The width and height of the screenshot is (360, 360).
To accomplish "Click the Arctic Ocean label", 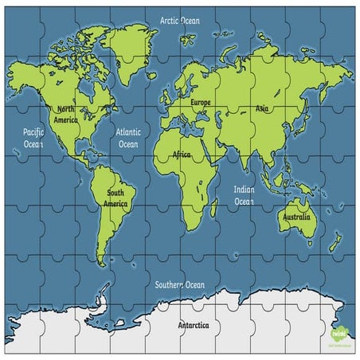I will coord(179,20).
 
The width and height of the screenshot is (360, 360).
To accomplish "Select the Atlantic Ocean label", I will coord(128,139).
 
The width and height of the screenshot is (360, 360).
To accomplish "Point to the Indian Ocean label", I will coord(244,196).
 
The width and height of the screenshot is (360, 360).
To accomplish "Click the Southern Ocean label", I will coord(180,284).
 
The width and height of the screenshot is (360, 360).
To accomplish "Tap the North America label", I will coord(65,114).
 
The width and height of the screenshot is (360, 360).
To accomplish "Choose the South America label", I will coord(115,198).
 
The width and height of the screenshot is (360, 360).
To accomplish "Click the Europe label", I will coord(200,103).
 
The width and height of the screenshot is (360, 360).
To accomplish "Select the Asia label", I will coord(262,108).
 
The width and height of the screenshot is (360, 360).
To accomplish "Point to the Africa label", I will coord(181,156).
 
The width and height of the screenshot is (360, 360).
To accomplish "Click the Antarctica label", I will coord(193,325).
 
